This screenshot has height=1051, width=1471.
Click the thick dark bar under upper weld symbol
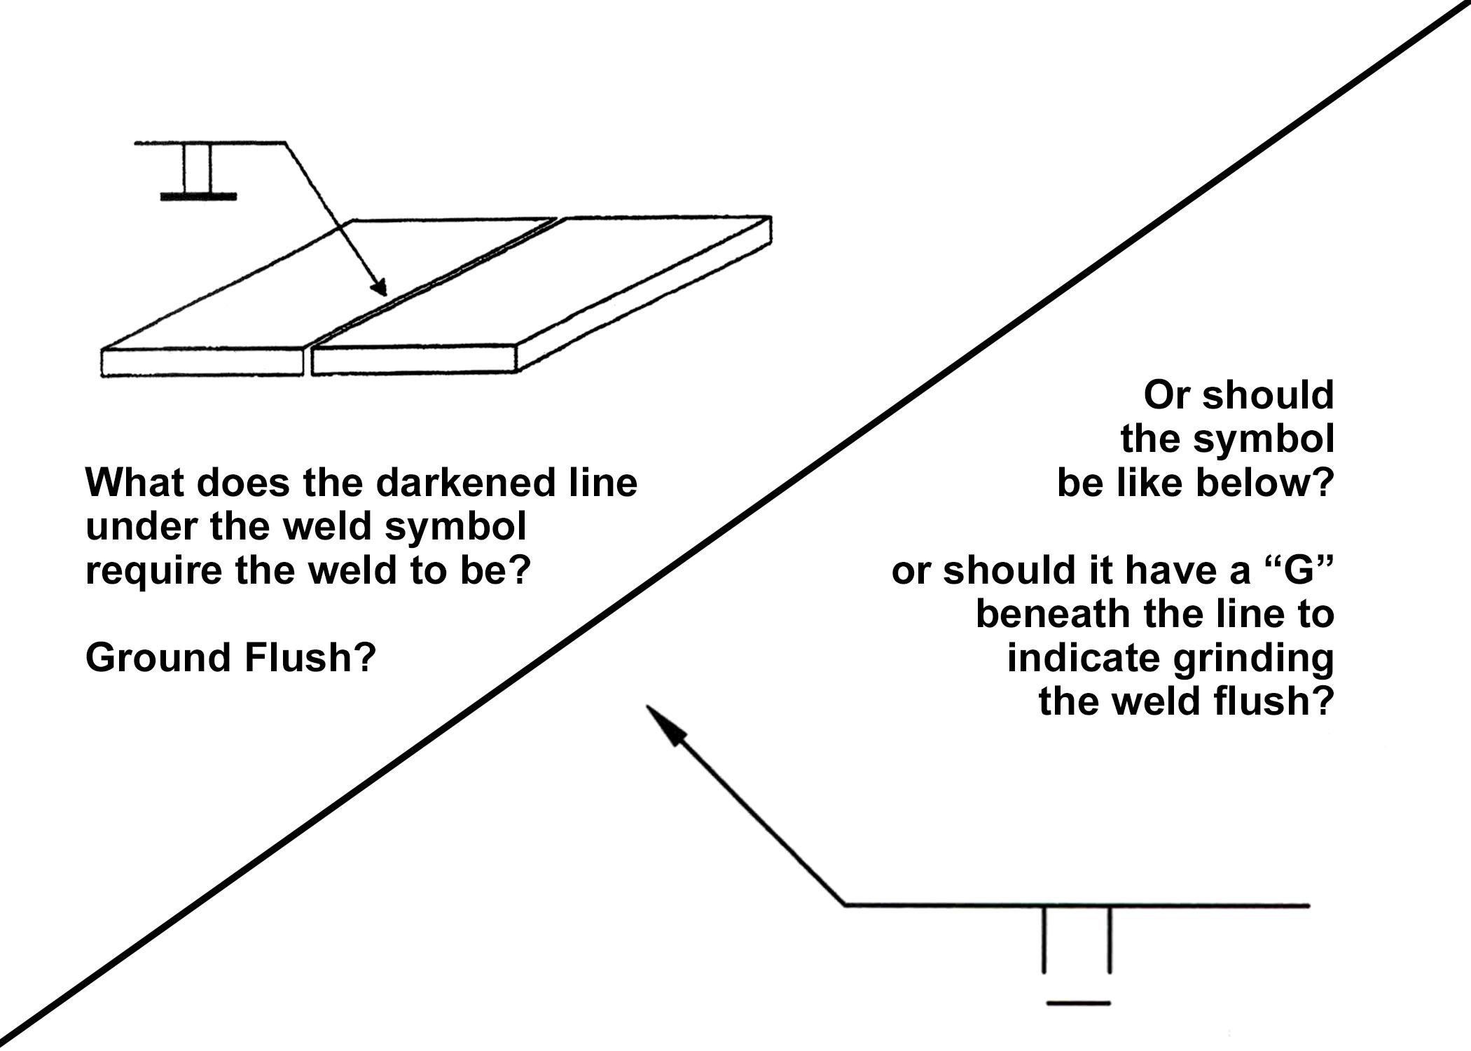click(198, 197)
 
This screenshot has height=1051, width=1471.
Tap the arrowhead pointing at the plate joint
click(379, 287)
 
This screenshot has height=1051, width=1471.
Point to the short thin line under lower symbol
click(1078, 1004)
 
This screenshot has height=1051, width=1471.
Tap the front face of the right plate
click(413, 359)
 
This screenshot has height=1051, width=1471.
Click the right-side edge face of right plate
click(644, 301)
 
